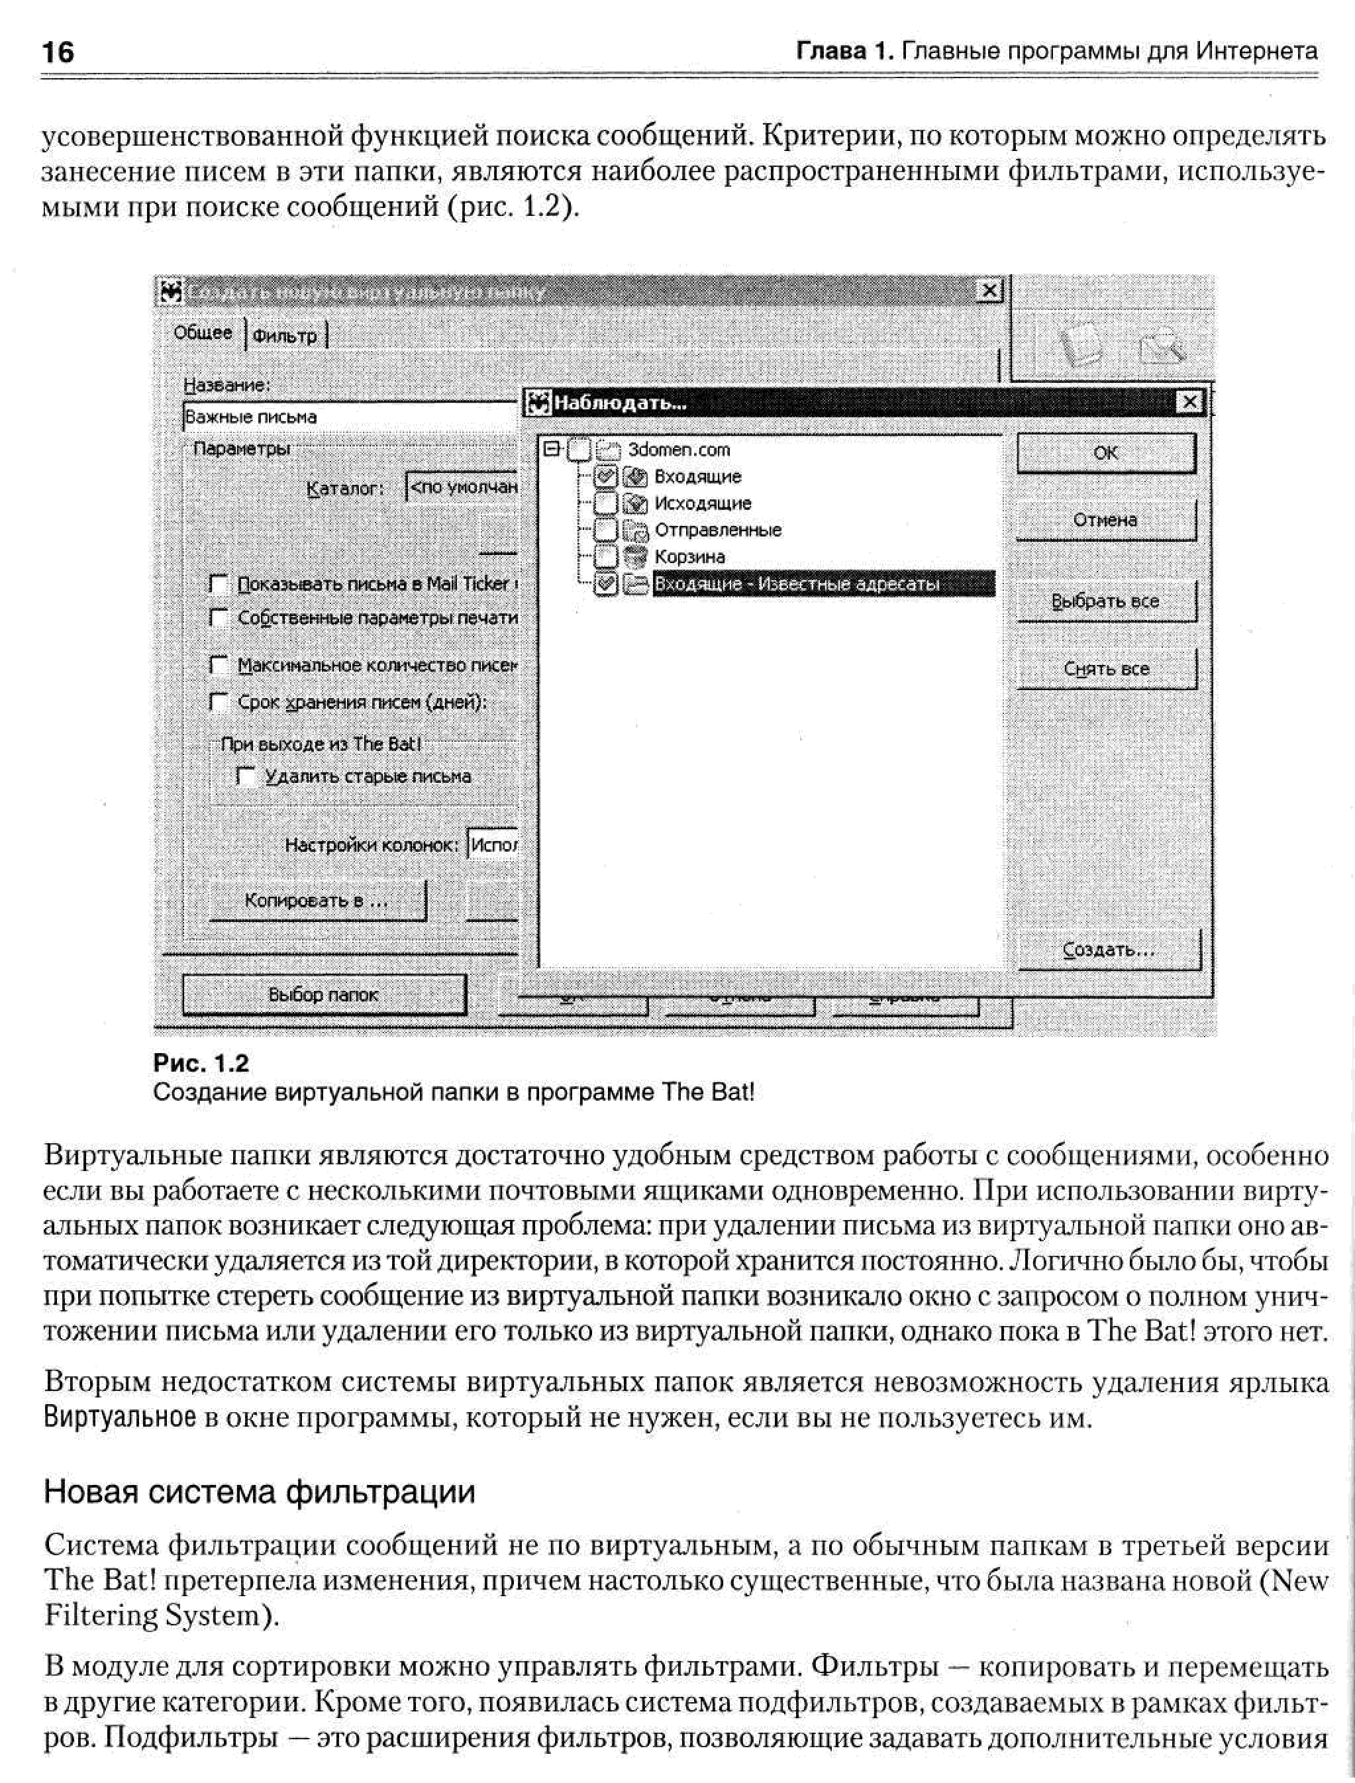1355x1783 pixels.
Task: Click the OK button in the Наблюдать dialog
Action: pos(1106,453)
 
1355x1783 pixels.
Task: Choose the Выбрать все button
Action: pos(1106,601)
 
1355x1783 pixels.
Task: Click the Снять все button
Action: pos(1106,668)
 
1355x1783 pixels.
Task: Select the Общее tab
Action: pos(203,332)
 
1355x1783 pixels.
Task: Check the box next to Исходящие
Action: pos(606,503)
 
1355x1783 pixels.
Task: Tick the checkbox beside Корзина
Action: pos(606,556)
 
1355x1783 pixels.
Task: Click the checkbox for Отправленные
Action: pos(606,530)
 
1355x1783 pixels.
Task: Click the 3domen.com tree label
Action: pos(678,450)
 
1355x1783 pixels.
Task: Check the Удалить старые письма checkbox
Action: pos(245,776)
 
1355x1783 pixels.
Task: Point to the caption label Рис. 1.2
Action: pos(201,1063)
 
